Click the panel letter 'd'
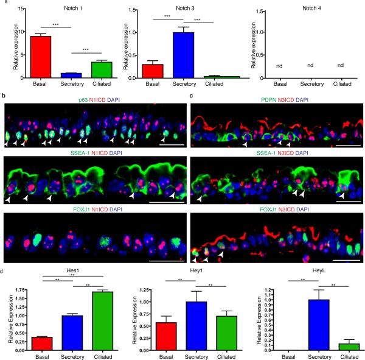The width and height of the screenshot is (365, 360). (4, 252)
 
